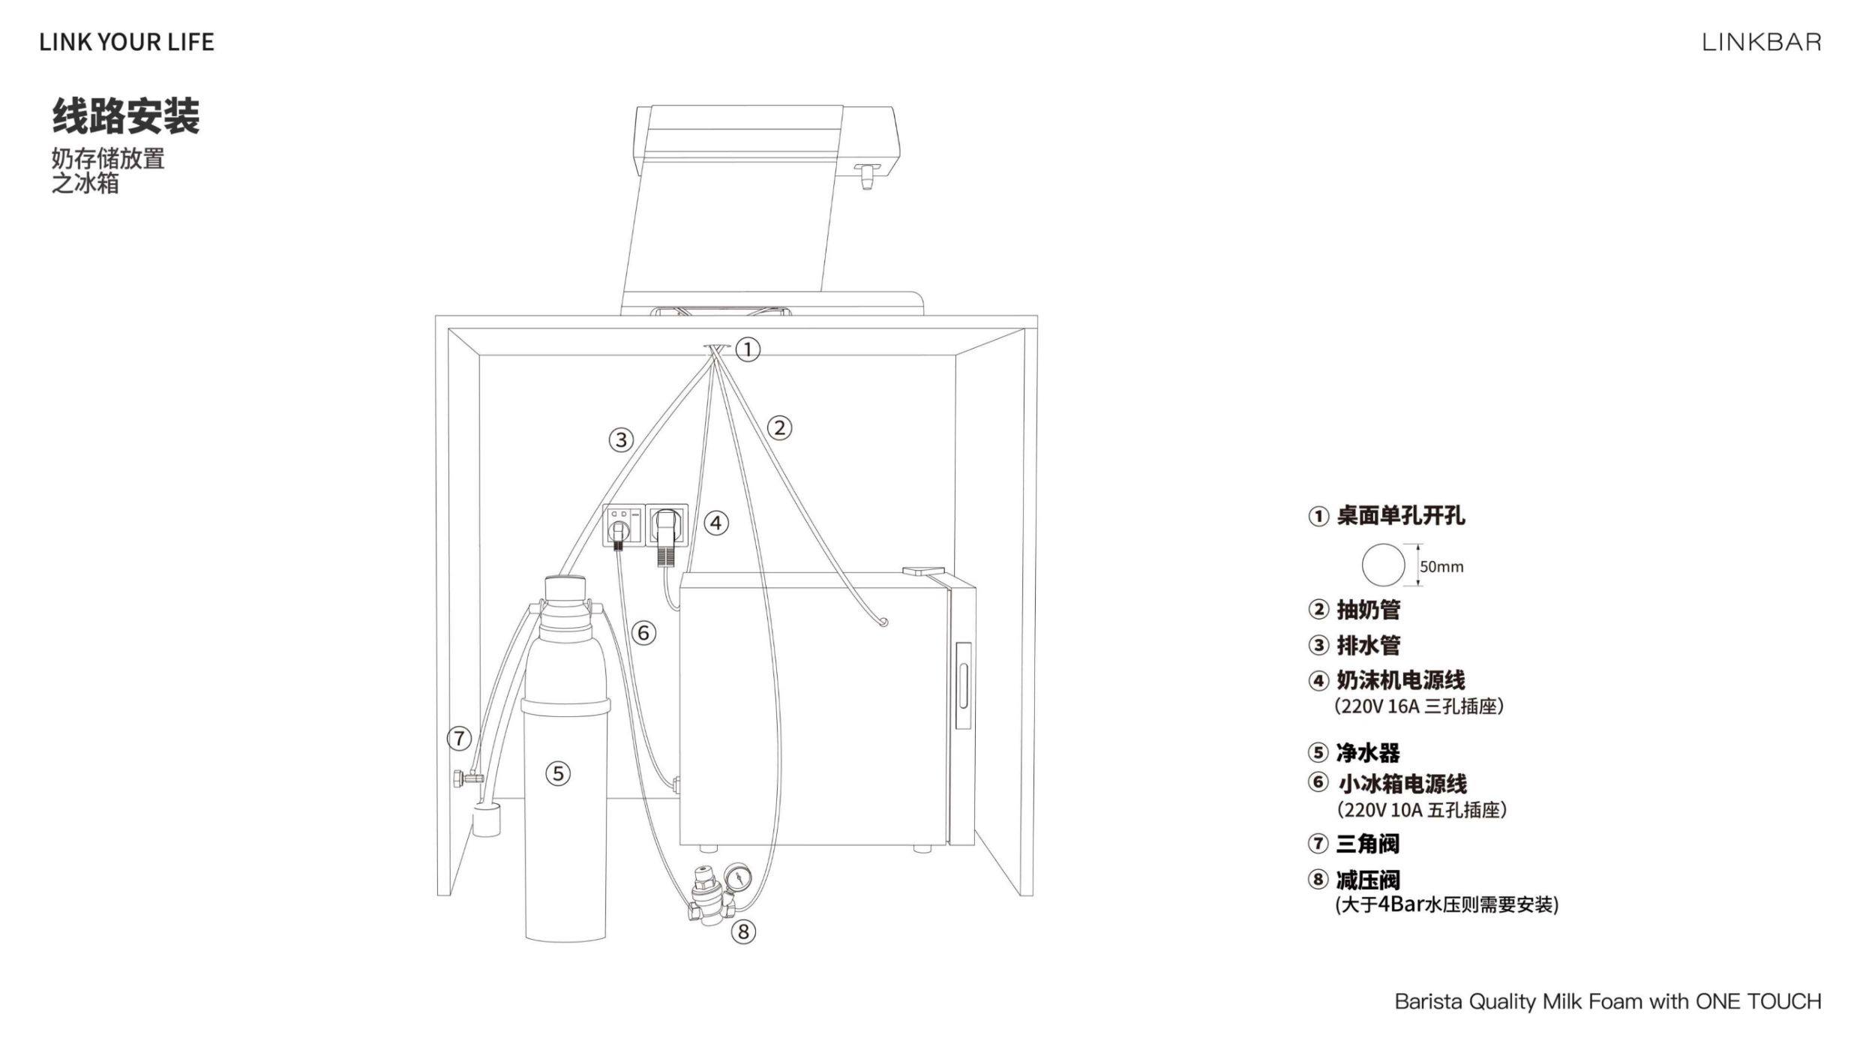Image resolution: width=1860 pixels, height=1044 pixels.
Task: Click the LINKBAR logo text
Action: [x=1761, y=42]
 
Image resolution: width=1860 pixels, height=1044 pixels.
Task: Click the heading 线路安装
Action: [x=126, y=116]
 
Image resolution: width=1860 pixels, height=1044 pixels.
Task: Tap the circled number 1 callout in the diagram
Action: [x=748, y=349]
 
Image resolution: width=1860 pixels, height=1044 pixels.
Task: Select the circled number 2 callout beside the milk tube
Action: [x=780, y=427]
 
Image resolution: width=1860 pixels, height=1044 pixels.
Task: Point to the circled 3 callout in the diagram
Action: [x=621, y=439]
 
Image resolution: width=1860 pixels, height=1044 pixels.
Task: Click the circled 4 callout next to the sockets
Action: [x=716, y=523]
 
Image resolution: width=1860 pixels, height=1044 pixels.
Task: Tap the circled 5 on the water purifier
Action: [x=557, y=773]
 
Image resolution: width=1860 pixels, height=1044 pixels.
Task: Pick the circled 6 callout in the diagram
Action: [x=643, y=633]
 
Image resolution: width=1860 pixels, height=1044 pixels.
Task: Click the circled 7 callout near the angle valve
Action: [x=460, y=738]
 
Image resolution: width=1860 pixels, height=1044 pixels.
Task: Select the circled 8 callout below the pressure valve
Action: [x=743, y=931]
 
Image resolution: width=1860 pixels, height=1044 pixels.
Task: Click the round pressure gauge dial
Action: [x=738, y=874]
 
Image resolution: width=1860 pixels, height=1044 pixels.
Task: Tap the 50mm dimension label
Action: [x=1441, y=567]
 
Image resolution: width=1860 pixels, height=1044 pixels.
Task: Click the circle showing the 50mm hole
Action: [x=1383, y=565]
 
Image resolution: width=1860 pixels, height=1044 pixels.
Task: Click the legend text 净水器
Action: [x=1367, y=752]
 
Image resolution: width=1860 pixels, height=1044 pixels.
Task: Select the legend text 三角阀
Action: [x=1367, y=844]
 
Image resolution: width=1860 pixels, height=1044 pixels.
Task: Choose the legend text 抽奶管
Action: [x=1368, y=610]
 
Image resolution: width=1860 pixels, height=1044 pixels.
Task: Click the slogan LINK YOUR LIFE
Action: [x=127, y=42]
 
